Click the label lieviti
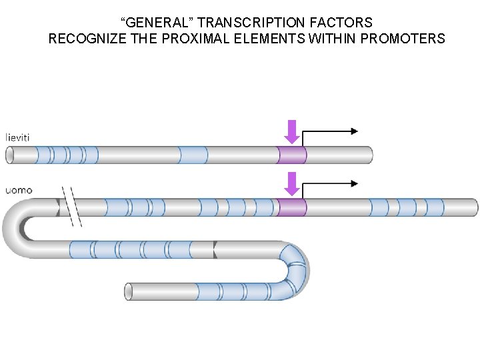point(20,137)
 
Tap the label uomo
point(19,190)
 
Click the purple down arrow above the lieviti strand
point(291,131)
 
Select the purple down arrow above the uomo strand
point(291,183)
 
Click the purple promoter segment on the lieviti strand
point(292,155)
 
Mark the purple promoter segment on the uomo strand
point(292,207)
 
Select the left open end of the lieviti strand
point(10,155)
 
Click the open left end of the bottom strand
point(129,291)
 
